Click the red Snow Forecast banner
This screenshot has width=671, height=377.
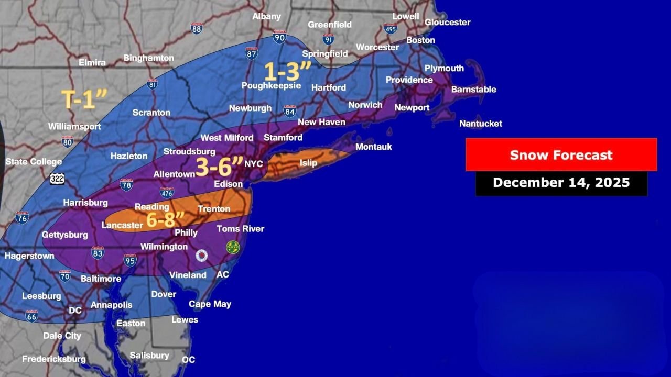561,155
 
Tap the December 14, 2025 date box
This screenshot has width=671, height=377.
561,183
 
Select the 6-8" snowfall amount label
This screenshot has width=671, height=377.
166,220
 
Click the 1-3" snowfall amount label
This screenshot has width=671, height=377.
287,71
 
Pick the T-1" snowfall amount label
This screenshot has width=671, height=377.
84,99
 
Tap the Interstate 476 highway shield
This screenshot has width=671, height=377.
167,193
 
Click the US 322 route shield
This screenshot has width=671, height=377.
57,179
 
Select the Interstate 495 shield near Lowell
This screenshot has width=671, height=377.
390,28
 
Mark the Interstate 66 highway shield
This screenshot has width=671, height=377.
31,316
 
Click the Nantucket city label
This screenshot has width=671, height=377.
481,124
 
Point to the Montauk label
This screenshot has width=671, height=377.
373,147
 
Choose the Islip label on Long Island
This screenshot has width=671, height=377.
308,163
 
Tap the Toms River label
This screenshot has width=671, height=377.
241,229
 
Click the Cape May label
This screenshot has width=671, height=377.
210,304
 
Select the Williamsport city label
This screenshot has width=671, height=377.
74,127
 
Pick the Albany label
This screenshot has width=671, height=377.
266,17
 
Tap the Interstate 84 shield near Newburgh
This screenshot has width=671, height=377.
290,110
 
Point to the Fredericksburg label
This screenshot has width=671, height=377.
53,359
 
